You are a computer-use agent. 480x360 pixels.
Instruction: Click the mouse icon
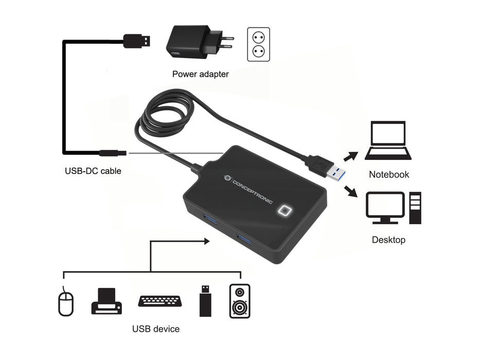[x=65, y=302]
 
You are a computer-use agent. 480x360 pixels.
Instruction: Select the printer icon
[x=106, y=301]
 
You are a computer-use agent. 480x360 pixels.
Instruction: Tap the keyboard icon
[x=160, y=301]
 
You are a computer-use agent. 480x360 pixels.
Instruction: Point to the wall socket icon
[x=258, y=44]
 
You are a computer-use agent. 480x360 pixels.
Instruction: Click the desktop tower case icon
[x=415, y=207]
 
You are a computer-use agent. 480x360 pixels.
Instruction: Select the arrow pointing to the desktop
[x=352, y=191]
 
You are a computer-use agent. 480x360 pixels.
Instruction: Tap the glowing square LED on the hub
[x=285, y=211]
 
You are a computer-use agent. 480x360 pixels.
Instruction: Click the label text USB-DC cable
[x=93, y=171]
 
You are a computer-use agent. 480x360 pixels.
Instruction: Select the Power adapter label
[x=200, y=74]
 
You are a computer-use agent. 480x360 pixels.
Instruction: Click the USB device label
[x=156, y=329]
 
